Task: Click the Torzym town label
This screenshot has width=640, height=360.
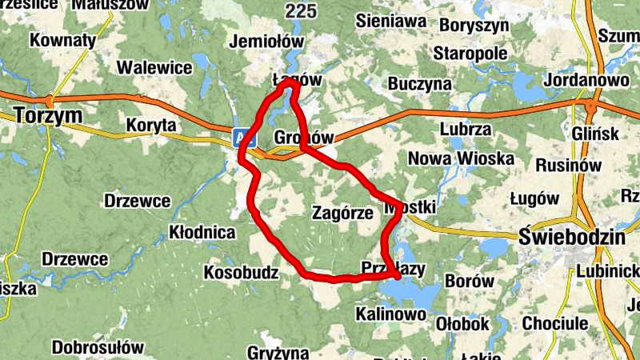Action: [49, 117]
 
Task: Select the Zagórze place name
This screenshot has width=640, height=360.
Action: [343, 214]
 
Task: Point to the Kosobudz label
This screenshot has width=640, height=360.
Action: [241, 273]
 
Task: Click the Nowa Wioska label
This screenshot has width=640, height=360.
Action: [461, 159]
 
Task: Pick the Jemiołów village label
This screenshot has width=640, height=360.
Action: [266, 41]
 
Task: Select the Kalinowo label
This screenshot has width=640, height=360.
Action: [390, 314]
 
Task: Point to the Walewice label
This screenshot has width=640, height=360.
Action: [154, 67]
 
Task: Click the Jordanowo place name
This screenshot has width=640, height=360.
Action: [586, 81]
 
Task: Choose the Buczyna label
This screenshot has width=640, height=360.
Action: [419, 84]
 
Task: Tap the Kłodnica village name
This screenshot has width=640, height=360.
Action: [203, 233]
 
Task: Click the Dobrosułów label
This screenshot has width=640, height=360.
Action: [98, 347]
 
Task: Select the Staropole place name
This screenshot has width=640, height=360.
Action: [470, 54]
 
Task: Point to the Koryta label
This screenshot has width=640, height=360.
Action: [151, 126]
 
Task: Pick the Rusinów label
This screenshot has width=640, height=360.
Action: [568, 164]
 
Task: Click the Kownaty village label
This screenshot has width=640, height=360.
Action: [63, 40]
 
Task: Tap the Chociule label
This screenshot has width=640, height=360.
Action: [554, 324]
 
